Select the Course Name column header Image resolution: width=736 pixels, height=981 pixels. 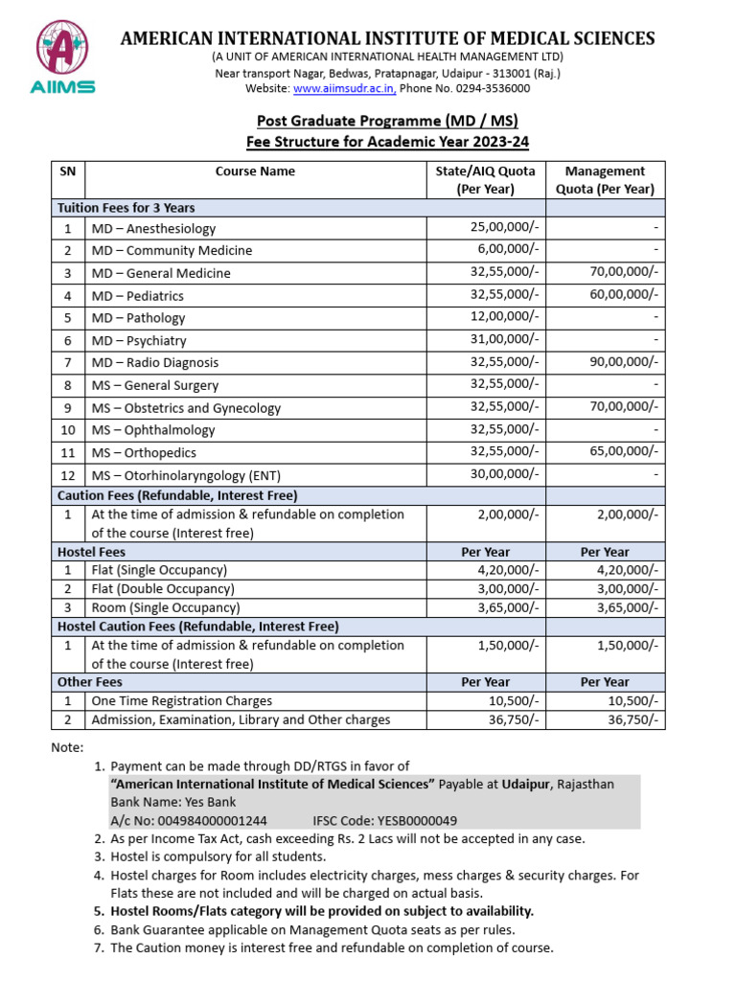(255, 171)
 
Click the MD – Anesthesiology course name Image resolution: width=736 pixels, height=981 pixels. (153, 229)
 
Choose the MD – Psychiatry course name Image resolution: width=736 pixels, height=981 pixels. (139, 340)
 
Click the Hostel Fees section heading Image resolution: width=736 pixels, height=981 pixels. (91, 552)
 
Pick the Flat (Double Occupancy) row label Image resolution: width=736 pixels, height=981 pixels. (163, 589)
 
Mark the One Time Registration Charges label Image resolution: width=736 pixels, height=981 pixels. (182, 701)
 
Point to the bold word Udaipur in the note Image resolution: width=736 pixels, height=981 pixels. (525, 784)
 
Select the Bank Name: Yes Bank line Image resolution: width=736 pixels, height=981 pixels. (173, 802)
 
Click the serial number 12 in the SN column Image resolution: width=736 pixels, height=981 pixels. (67, 475)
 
